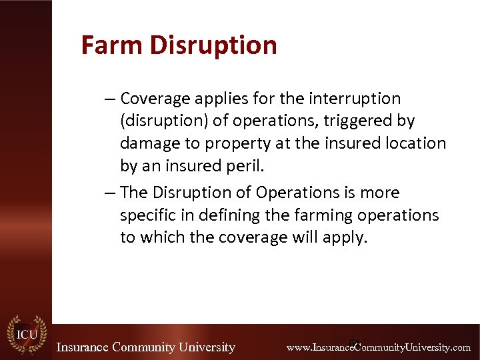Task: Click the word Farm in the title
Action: [x=112, y=45]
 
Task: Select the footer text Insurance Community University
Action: [x=145, y=347]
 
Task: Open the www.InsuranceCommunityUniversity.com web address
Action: [x=378, y=347]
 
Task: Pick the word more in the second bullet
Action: [x=378, y=193]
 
